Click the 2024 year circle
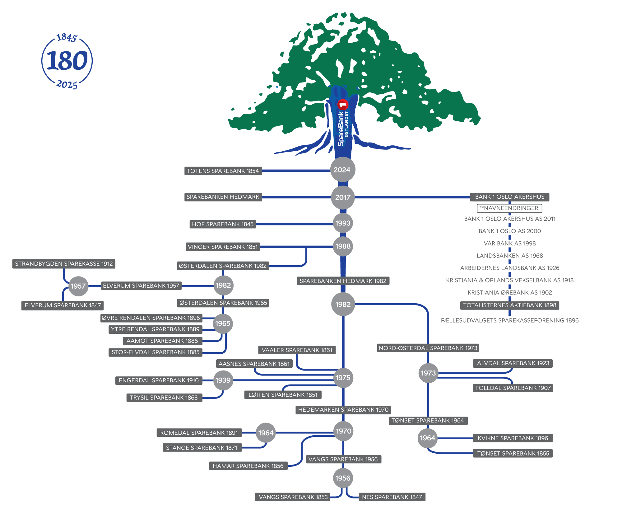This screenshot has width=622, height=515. [x=342, y=170]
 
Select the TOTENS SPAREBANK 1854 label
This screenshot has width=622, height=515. [x=223, y=171]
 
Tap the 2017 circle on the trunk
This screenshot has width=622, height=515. [x=343, y=197]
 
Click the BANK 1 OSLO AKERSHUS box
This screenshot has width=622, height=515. [x=510, y=197]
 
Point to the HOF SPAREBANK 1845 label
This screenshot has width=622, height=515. [x=223, y=224]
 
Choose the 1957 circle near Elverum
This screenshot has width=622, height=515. [x=78, y=286]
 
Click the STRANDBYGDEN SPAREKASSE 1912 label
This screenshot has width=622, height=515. [x=64, y=264]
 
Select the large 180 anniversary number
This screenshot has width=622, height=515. [x=67, y=60]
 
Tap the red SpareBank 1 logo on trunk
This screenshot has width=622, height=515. [x=343, y=105]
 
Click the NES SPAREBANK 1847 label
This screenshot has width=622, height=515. [x=392, y=497]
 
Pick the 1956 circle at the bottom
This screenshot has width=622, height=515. [x=343, y=478]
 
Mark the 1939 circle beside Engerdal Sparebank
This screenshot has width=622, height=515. [x=223, y=380]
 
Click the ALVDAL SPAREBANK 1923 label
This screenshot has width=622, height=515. [x=513, y=363]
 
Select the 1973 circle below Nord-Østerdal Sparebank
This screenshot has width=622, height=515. [x=428, y=373]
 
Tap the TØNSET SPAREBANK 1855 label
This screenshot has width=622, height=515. [x=513, y=453]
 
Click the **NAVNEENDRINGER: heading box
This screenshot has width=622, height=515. [x=509, y=208]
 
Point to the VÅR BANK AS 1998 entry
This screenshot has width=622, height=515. [x=509, y=243]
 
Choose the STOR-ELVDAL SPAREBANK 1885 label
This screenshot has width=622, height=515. [x=155, y=352]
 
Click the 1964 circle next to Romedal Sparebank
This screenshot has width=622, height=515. [x=266, y=433]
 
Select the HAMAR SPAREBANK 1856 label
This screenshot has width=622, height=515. [x=248, y=466]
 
